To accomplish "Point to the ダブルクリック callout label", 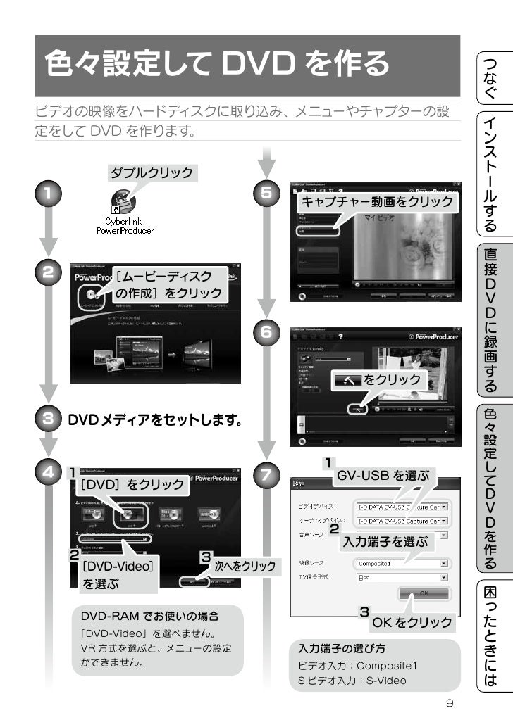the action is pyautogui.click(x=151, y=172).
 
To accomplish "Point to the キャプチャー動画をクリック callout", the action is pyautogui.click(x=377, y=202).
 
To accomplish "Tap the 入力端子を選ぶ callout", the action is pyautogui.click(x=384, y=542).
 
